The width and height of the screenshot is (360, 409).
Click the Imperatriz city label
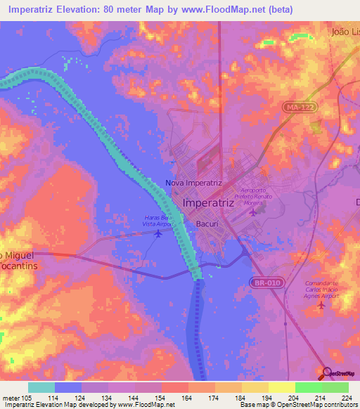(208, 203)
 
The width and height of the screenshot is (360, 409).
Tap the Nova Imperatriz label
(193, 183)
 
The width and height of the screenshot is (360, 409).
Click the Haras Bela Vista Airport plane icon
(158, 233)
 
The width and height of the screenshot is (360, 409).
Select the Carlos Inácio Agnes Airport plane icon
(322, 304)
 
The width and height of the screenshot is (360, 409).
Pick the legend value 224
(346, 398)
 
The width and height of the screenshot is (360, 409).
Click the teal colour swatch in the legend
(41, 387)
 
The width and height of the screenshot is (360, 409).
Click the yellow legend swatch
(281, 387)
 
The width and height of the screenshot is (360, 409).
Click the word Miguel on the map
(21, 254)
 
